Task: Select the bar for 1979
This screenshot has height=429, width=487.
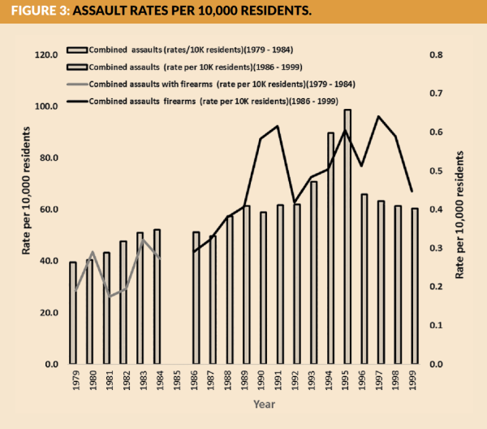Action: (73, 313)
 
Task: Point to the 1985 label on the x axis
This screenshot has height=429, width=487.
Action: (179, 383)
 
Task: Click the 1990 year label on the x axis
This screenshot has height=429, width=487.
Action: (263, 383)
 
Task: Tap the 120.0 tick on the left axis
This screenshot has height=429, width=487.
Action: (46, 55)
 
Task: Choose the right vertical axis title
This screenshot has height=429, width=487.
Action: (460, 214)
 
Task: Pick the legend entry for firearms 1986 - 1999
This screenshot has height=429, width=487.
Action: (216, 102)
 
